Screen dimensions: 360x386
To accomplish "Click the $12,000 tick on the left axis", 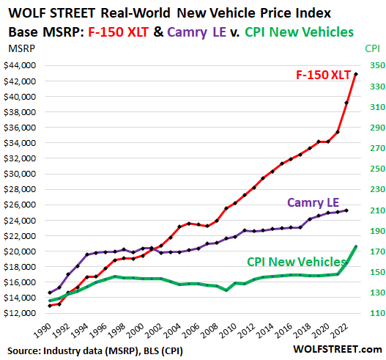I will (24, 314).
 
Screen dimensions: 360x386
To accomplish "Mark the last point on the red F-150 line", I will (356, 74).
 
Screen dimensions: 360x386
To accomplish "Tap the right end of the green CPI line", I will (356, 247).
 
